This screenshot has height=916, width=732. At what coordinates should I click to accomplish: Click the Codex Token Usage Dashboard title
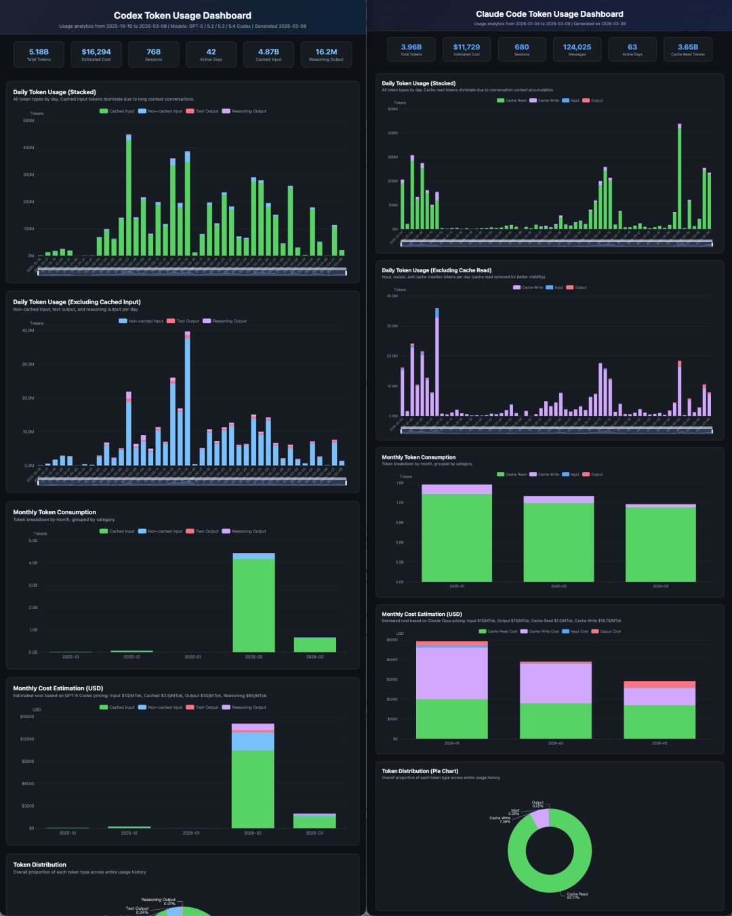(x=182, y=16)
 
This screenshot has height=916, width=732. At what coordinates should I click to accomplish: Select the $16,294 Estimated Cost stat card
(x=96, y=54)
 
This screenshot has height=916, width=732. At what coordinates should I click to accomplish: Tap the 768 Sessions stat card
(x=154, y=54)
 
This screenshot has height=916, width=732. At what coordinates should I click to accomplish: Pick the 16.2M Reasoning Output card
(x=326, y=54)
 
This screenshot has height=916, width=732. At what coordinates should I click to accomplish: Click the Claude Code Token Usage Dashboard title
(x=550, y=14)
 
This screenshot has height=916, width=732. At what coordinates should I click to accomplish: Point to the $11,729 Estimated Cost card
(x=466, y=49)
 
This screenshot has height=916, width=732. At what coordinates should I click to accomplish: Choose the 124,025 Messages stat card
(x=577, y=49)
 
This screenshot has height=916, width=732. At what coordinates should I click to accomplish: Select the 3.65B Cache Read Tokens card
(x=688, y=49)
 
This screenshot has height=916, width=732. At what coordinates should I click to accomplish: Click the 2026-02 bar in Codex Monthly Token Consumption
(x=254, y=603)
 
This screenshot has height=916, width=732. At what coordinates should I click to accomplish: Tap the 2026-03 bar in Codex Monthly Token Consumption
(x=315, y=644)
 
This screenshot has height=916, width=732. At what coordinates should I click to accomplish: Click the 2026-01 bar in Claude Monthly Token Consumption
(x=457, y=535)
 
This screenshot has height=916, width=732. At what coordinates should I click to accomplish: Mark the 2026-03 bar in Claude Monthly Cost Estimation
(x=659, y=711)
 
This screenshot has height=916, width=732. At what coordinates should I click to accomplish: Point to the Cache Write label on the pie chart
(x=500, y=819)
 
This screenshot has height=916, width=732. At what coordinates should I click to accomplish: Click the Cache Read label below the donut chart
(x=577, y=895)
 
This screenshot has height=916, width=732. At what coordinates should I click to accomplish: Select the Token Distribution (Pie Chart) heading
(x=420, y=771)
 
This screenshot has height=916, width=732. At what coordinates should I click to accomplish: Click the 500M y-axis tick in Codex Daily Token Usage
(x=28, y=121)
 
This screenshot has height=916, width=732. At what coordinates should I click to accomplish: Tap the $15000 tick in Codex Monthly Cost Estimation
(x=27, y=716)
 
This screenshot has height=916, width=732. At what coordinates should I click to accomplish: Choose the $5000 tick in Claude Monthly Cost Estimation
(x=392, y=640)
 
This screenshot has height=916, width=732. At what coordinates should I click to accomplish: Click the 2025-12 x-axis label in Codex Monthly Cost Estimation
(x=129, y=833)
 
